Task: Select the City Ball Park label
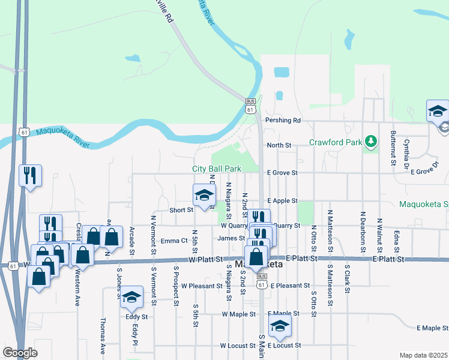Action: pyautogui.click(x=217, y=169)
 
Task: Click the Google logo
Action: pyautogui.click(x=20, y=353)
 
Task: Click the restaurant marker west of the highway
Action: pyautogui.click(x=30, y=176)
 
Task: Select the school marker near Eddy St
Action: pyautogui.click(x=131, y=297)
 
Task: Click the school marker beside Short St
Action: pyautogui.click(x=204, y=195)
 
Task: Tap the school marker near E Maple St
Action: pyautogui.click(x=279, y=327)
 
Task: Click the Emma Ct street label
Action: pyautogui.click(x=175, y=241)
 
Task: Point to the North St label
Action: pyautogui.click(x=279, y=145)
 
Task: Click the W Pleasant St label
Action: pyautogui.click(x=202, y=286)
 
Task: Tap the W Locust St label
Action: pyautogui.click(x=238, y=346)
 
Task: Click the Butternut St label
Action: pyautogui.click(x=393, y=148)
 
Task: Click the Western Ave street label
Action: pyautogui.click(x=78, y=290)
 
